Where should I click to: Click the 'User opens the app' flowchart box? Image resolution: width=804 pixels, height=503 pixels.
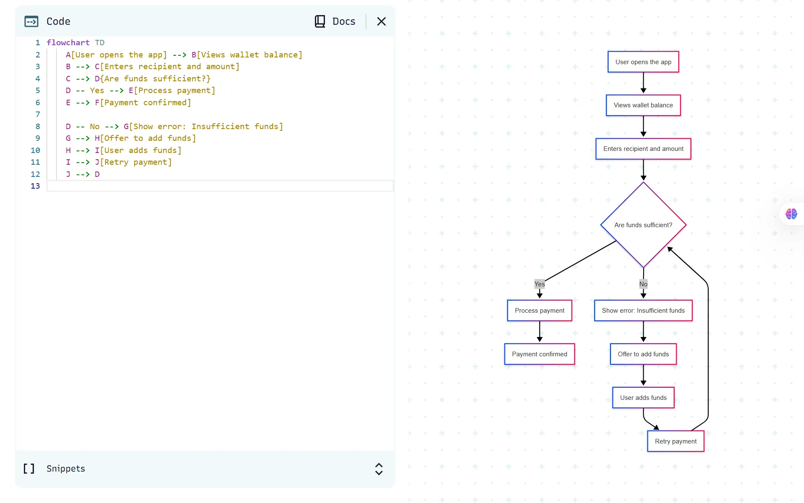pyautogui.click(x=643, y=62)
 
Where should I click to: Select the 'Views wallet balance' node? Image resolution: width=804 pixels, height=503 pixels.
pyautogui.click(x=643, y=105)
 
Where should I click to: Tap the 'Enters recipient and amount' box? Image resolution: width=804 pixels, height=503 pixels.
pyautogui.click(x=643, y=149)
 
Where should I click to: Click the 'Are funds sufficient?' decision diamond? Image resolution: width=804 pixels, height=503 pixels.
pyautogui.click(x=643, y=225)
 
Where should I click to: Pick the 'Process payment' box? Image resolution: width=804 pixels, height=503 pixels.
pyautogui.click(x=539, y=311)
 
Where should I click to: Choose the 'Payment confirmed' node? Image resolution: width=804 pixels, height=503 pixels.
pyautogui.click(x=539, y=354)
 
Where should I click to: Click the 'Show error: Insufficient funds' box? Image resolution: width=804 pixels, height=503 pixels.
pyautogui.click(x=643, y=311)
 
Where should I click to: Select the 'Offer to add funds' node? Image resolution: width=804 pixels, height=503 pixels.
pyautogui.click(x=643, y=354)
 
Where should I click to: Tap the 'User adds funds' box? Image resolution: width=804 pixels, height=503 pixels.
pyautogui.click(x=643, y=398)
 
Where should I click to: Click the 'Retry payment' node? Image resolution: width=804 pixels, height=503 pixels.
pyautogui.click(x=675, y=441)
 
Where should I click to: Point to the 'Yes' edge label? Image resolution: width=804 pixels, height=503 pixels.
pyautogui.click(x=539, y=284)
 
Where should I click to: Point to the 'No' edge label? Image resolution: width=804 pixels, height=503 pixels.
pyautogui.click(x=643, y=284)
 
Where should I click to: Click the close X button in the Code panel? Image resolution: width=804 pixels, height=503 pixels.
pyautogui.click(x=381, y=21)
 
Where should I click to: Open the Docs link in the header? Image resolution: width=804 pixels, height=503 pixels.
pyautogui.click(x=335, y=21)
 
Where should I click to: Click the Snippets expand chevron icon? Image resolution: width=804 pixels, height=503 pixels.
pyautogui.click(x=379, y=469)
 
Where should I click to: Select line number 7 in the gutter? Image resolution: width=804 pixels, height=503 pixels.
pyautogui.click(x=38, y=114)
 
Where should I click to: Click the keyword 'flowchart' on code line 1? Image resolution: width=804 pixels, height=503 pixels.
pyautogui.click(x=68, y=43)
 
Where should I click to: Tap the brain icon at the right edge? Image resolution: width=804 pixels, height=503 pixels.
pyautogui.click(x=791, y=214)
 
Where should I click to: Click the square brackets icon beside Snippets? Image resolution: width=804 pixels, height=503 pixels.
pyautogui.click(x=29, y=469)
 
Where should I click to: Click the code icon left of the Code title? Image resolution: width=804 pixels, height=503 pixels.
pyautogui.click(x=31, y=21)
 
